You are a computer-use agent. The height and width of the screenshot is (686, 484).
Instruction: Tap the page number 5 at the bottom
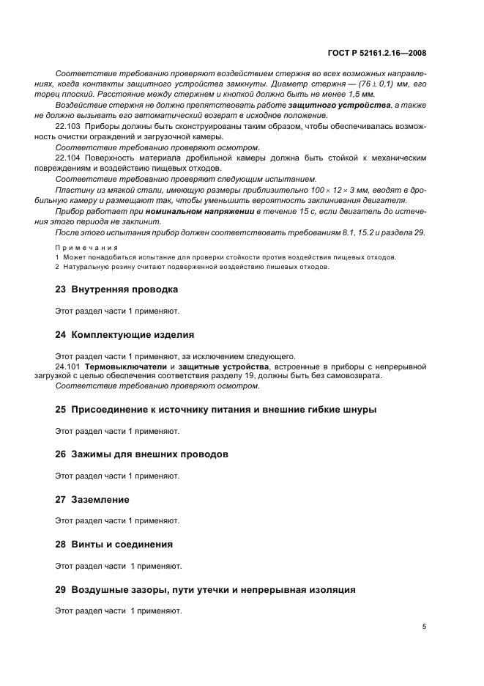424,627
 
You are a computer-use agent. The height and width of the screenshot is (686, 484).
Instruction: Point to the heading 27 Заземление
92,500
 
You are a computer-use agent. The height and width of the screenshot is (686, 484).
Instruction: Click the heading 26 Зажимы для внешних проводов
141,454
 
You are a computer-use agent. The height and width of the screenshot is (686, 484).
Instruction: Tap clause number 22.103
68,126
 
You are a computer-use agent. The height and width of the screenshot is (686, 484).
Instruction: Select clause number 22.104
68,158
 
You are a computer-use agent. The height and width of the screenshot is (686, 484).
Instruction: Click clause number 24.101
68,366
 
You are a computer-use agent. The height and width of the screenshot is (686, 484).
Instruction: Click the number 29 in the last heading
62,590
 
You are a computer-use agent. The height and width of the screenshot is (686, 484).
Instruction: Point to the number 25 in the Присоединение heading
62,410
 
